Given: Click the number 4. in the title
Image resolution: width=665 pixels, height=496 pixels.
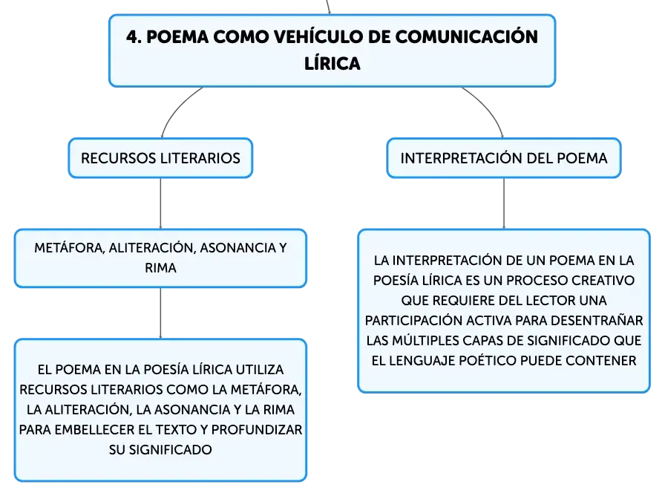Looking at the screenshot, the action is coord(134,37).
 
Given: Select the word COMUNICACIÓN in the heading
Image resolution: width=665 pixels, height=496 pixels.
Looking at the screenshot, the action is coord(467,36).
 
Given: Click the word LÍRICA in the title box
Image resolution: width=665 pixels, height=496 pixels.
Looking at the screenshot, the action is coord(332,63).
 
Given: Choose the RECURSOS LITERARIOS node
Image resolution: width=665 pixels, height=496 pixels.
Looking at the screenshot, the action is coord(160,158).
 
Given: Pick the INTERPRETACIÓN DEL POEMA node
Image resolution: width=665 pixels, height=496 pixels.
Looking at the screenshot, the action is coord(504,158).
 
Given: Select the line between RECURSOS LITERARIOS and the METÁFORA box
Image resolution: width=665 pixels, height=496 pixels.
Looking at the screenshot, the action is coord(160,203).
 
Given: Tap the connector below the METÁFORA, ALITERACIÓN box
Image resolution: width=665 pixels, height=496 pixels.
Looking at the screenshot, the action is coord(160,313).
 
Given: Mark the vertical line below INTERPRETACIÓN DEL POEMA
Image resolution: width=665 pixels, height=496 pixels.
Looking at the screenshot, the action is coord(504,203).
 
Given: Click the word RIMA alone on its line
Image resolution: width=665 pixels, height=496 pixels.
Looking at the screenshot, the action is coord(160,268).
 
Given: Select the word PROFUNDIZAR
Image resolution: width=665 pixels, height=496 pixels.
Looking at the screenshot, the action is coord(257,429).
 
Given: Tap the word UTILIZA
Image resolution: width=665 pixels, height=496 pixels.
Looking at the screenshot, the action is coord(260,370).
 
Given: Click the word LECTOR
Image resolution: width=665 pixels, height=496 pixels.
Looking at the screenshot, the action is coord(547,301).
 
